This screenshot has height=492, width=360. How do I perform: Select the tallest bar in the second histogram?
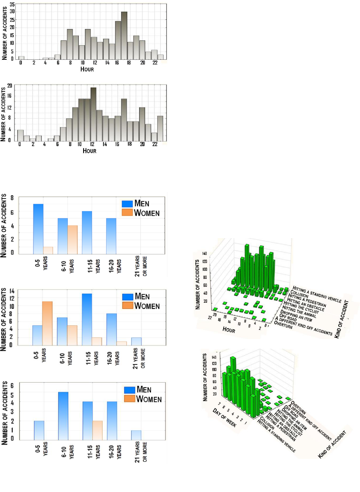pyautogui.click(x=94, y=115)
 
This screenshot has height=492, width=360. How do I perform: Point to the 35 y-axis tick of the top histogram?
pyautogui.click(x=13, y=4)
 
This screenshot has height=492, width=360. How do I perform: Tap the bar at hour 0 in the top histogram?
pyautogui.click(x=21, y=58)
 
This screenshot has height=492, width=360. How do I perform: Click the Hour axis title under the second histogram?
pyautogui.click(x=89, y=151)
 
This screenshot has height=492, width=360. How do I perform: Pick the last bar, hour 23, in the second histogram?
pyautogui.click(x=160, y=129)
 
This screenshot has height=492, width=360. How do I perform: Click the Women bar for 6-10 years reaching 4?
pyautogui.click(x=73, y=240)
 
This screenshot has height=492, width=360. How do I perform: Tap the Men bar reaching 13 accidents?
pyautogui.click(x=87, y=319)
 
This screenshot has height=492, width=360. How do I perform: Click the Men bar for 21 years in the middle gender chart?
pyautogui.click(x=136, y=341)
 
